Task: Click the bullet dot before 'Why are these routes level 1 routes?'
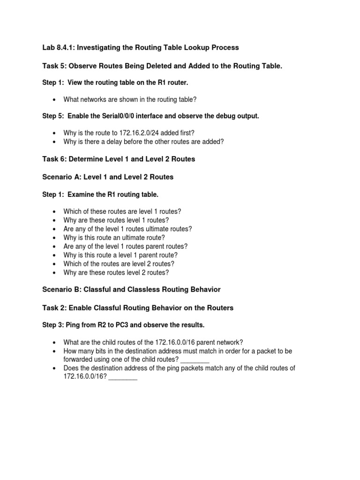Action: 55,220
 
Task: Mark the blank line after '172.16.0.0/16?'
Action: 123,377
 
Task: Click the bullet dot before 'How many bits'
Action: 55,351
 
